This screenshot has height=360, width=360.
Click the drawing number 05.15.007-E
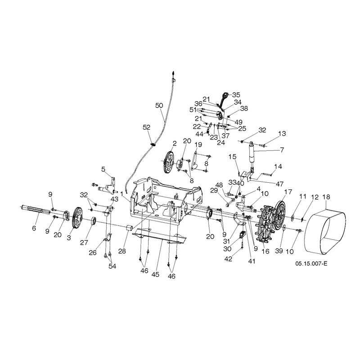coord(311,263)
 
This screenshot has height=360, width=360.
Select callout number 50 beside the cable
coord(159,105)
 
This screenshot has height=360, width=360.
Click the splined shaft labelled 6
coord(36,210)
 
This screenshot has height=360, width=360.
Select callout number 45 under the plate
coord(155,274)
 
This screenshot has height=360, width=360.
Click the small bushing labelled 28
coord(130,229)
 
